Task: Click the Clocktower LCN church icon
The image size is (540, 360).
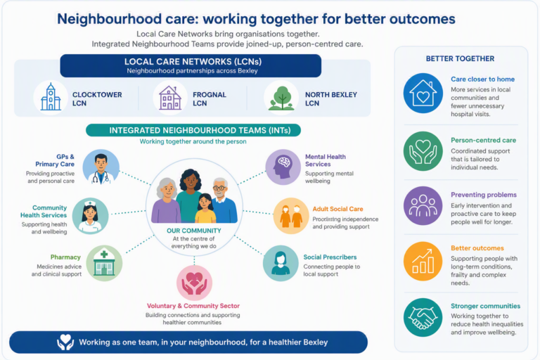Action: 51,98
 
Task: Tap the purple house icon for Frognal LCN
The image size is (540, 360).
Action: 170,98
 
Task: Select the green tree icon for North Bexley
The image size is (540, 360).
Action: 281,98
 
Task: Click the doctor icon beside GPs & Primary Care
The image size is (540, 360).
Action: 101,167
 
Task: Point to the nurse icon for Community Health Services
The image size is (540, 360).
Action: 90,216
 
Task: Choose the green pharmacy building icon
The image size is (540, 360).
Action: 104,264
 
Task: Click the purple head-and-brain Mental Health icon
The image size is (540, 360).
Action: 283,167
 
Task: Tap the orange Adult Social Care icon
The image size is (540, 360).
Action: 291,216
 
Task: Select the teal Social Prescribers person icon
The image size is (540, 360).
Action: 281,263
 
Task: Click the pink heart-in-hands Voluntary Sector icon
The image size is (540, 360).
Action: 194,283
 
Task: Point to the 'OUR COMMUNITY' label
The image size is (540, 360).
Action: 194,231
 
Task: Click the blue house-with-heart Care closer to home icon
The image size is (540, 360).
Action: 423,93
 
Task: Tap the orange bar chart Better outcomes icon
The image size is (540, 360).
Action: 423,261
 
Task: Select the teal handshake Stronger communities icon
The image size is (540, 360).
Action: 423,318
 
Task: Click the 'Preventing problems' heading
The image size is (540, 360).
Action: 484,195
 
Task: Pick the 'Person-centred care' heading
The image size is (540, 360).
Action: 484,140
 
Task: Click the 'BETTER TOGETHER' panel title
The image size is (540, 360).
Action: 460,58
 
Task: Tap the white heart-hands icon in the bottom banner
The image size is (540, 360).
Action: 65,342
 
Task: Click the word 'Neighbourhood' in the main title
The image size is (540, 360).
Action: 109,19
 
